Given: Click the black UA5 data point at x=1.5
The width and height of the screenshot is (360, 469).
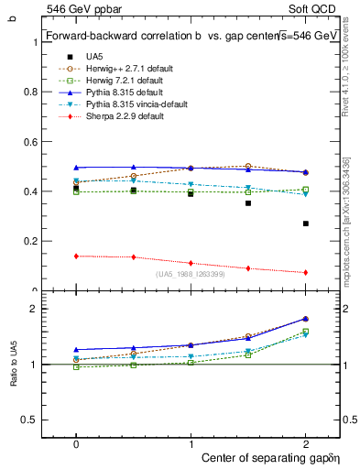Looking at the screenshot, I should click(247, 203).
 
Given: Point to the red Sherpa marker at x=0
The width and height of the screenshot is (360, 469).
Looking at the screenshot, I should click(76, 256).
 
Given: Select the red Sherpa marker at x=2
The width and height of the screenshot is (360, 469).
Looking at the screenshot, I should click(305, 272).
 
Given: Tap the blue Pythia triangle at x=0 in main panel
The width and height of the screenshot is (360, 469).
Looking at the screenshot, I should click(76, 168).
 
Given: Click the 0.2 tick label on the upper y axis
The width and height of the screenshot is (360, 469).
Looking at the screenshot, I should click(36, 241).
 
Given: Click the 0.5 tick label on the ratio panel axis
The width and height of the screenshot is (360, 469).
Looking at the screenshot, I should click(36, 420).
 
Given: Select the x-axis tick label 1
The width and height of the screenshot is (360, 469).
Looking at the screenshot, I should click(191, 442).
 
